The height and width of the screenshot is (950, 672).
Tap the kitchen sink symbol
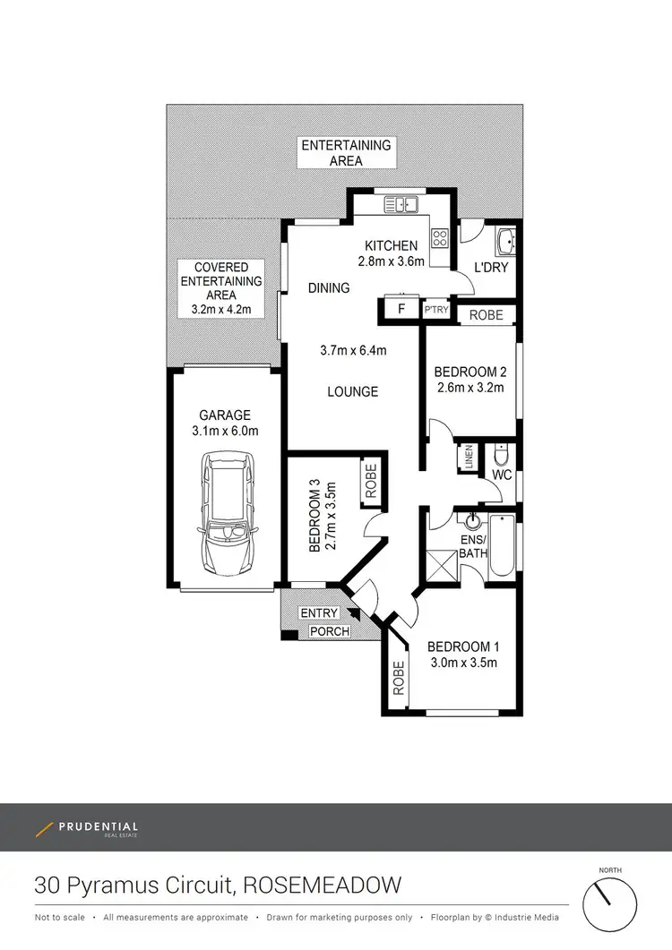[x=401, y=205]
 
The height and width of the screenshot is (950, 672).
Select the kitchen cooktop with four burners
[x=440, y=238]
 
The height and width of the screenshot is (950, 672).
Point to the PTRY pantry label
[x=436, y=310]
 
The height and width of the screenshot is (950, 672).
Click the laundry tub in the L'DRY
[x=504, y=242]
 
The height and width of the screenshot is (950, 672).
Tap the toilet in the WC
[x=502, y=453]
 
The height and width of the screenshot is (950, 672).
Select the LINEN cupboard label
[x=468, y=458]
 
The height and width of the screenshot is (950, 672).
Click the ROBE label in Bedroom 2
[x=487, y=315]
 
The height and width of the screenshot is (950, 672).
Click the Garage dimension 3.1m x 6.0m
[x=226, y=431]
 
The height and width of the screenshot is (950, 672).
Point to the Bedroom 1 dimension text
[x=462, y=663]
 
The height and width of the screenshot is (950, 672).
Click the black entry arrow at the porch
[x=352, y=614]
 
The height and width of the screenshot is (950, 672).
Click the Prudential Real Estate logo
[x=87, y=828]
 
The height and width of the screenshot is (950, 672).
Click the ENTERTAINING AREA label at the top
[x=346, y=153]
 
